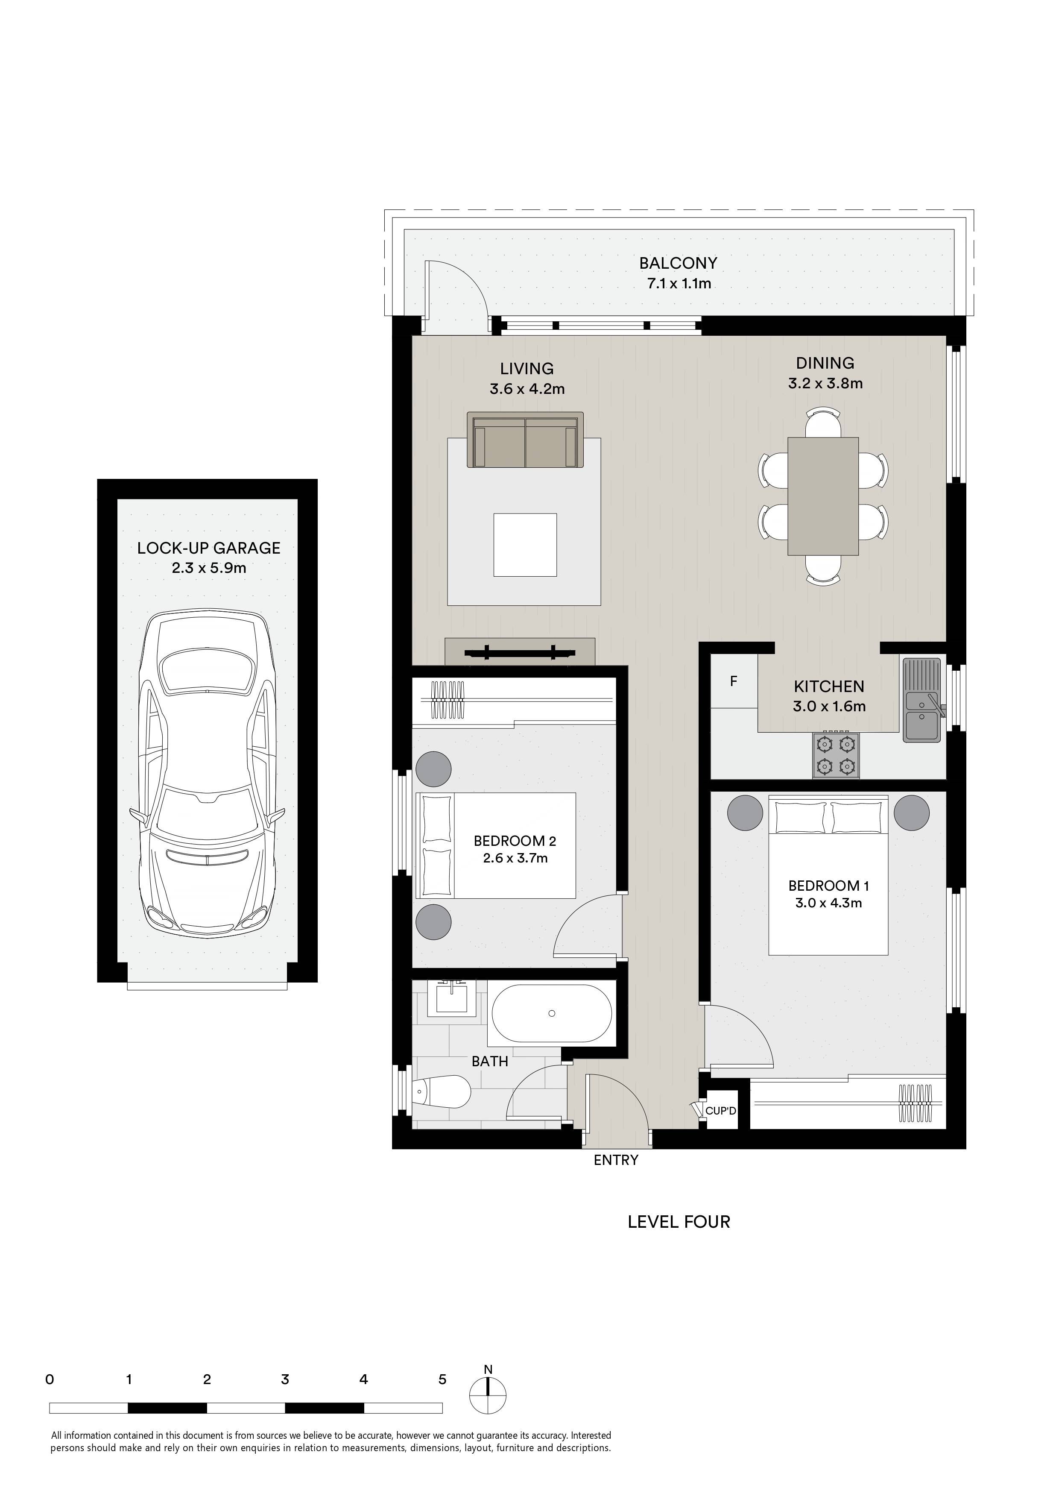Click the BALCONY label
coord(678,263)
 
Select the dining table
coord(823,496)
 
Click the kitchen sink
coord(922,700)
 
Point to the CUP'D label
coord(720,1111)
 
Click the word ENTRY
coord(616,1159)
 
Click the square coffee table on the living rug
coord(525,545)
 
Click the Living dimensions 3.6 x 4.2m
coord(527,389)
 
